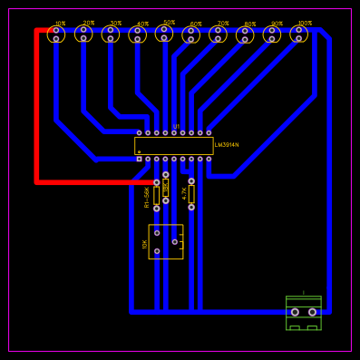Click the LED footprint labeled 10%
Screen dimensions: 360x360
pyautogui.click(x=56, y=34)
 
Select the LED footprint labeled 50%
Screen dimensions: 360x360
pyautogui.click(x=164, y=34)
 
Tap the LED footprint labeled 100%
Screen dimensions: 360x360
pyautogui.click(x=298, y=34)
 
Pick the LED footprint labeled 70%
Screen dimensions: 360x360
pyautogui.click(x=218, y=34)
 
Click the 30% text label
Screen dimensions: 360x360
pyautogui.click(x=115, y=23)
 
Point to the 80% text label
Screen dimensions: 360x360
pyautogui.click(x=249, y=24)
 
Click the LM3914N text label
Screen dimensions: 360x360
pyautogui.click(x=227, y=144)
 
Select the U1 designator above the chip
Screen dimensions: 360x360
pyautogui.click(x=176, y=126)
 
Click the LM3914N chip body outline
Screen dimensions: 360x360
pyautogui.click(x=173, y=146)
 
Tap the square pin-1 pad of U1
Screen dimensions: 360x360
pyautogui.click(x=139, y=159)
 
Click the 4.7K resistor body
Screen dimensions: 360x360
pyautogui.click(x=191, y=194)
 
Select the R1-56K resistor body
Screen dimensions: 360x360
pyautogui.click(x=156, y=196)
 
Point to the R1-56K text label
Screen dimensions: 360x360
pyautogui.click(x=147, y=197)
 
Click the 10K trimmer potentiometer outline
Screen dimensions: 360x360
pyautogui.click(x=165, y=241)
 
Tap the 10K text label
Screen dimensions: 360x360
pyautogui.click(x=144, y=244)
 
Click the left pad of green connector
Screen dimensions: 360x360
pyautogui.click(x=295, y=312)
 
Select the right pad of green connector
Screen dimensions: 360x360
pyautogui.click(x=312, y=312)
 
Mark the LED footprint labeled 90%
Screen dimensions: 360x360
pyautogui.click(x=272, y=34)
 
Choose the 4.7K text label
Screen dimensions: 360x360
pyautogui.click(x=184, y=193)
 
